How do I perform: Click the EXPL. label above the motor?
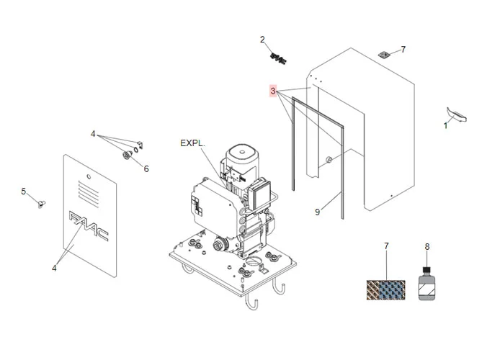[192, 144]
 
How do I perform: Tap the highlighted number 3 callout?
[273, 91]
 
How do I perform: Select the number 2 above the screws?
[262, 40]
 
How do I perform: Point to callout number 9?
[317, 212]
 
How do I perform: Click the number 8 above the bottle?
[427, 246]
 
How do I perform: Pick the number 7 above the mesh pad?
[386, 246]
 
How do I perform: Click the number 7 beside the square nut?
[403, 50]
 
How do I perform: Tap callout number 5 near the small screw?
[23, 192]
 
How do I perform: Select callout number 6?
[146, 169]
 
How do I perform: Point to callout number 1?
[445, 125]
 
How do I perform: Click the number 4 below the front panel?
[54, 269]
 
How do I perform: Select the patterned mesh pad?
[387, 290]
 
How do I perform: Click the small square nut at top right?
[385, 53]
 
